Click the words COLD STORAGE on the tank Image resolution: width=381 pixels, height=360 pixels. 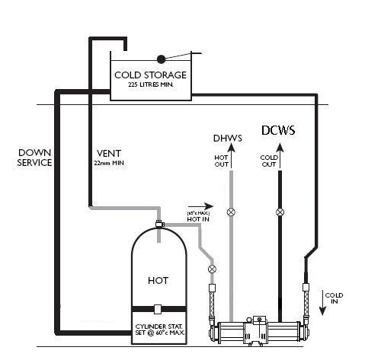point(149,75)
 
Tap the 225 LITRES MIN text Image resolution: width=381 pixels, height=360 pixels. point(149,85)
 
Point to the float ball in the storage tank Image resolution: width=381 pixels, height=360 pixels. point(161,59)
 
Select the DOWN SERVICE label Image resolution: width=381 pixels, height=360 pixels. point(35,158)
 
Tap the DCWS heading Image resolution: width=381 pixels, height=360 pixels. point(278,130)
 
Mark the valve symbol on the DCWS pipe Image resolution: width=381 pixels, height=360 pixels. point(280,211)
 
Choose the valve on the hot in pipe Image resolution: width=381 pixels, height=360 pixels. point(212,269)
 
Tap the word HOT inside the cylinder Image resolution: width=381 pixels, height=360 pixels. point(158,280)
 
